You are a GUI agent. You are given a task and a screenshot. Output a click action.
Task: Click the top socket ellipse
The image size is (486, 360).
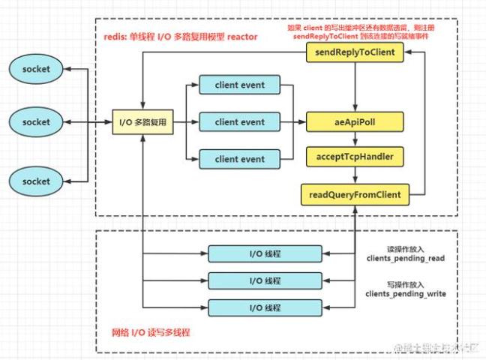click(36, 70)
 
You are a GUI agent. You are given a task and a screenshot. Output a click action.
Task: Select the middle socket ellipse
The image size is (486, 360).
click(36, 122)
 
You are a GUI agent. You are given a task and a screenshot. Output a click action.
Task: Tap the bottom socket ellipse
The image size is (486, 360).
click(36, 181)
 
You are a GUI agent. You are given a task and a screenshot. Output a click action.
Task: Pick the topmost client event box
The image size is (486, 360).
click(239, 85)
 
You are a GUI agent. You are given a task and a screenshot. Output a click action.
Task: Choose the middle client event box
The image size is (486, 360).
click(239, 122)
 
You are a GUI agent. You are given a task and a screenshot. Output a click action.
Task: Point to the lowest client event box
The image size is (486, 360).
click(239, 159)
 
